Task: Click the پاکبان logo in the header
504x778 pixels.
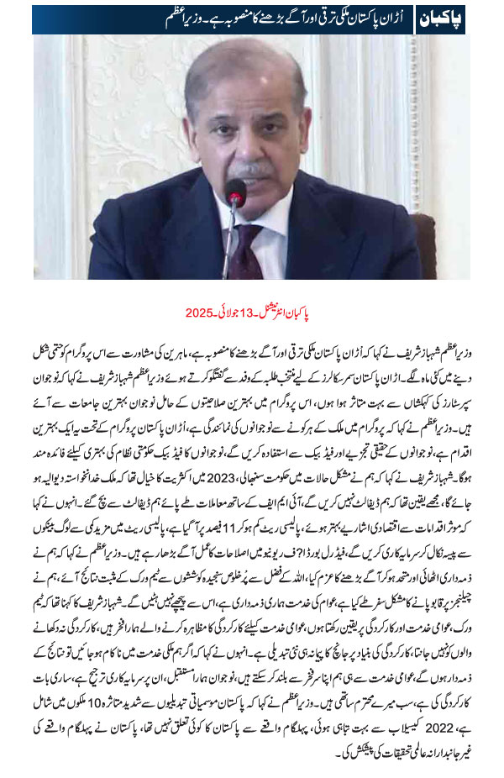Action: [x=444, y=18]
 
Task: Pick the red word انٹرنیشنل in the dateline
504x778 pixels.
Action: [x=291, y=313]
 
